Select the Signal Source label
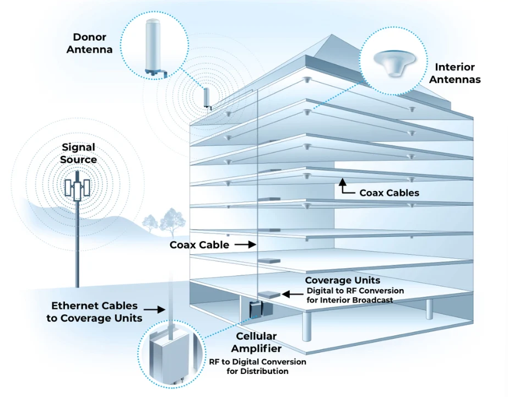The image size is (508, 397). click(x=79, y=154)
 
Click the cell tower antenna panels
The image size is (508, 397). click(x=77, y=188)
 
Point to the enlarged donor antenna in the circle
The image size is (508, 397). click(x=154, y=47)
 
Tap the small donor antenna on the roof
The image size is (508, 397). click(x=207, y=98)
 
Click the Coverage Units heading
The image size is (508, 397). click(x=342, y=281)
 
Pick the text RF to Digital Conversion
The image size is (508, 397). click(x=257, y=362)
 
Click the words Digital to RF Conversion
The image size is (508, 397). click(x=355, y=291)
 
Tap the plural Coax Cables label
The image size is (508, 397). click(x=389, y=193)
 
